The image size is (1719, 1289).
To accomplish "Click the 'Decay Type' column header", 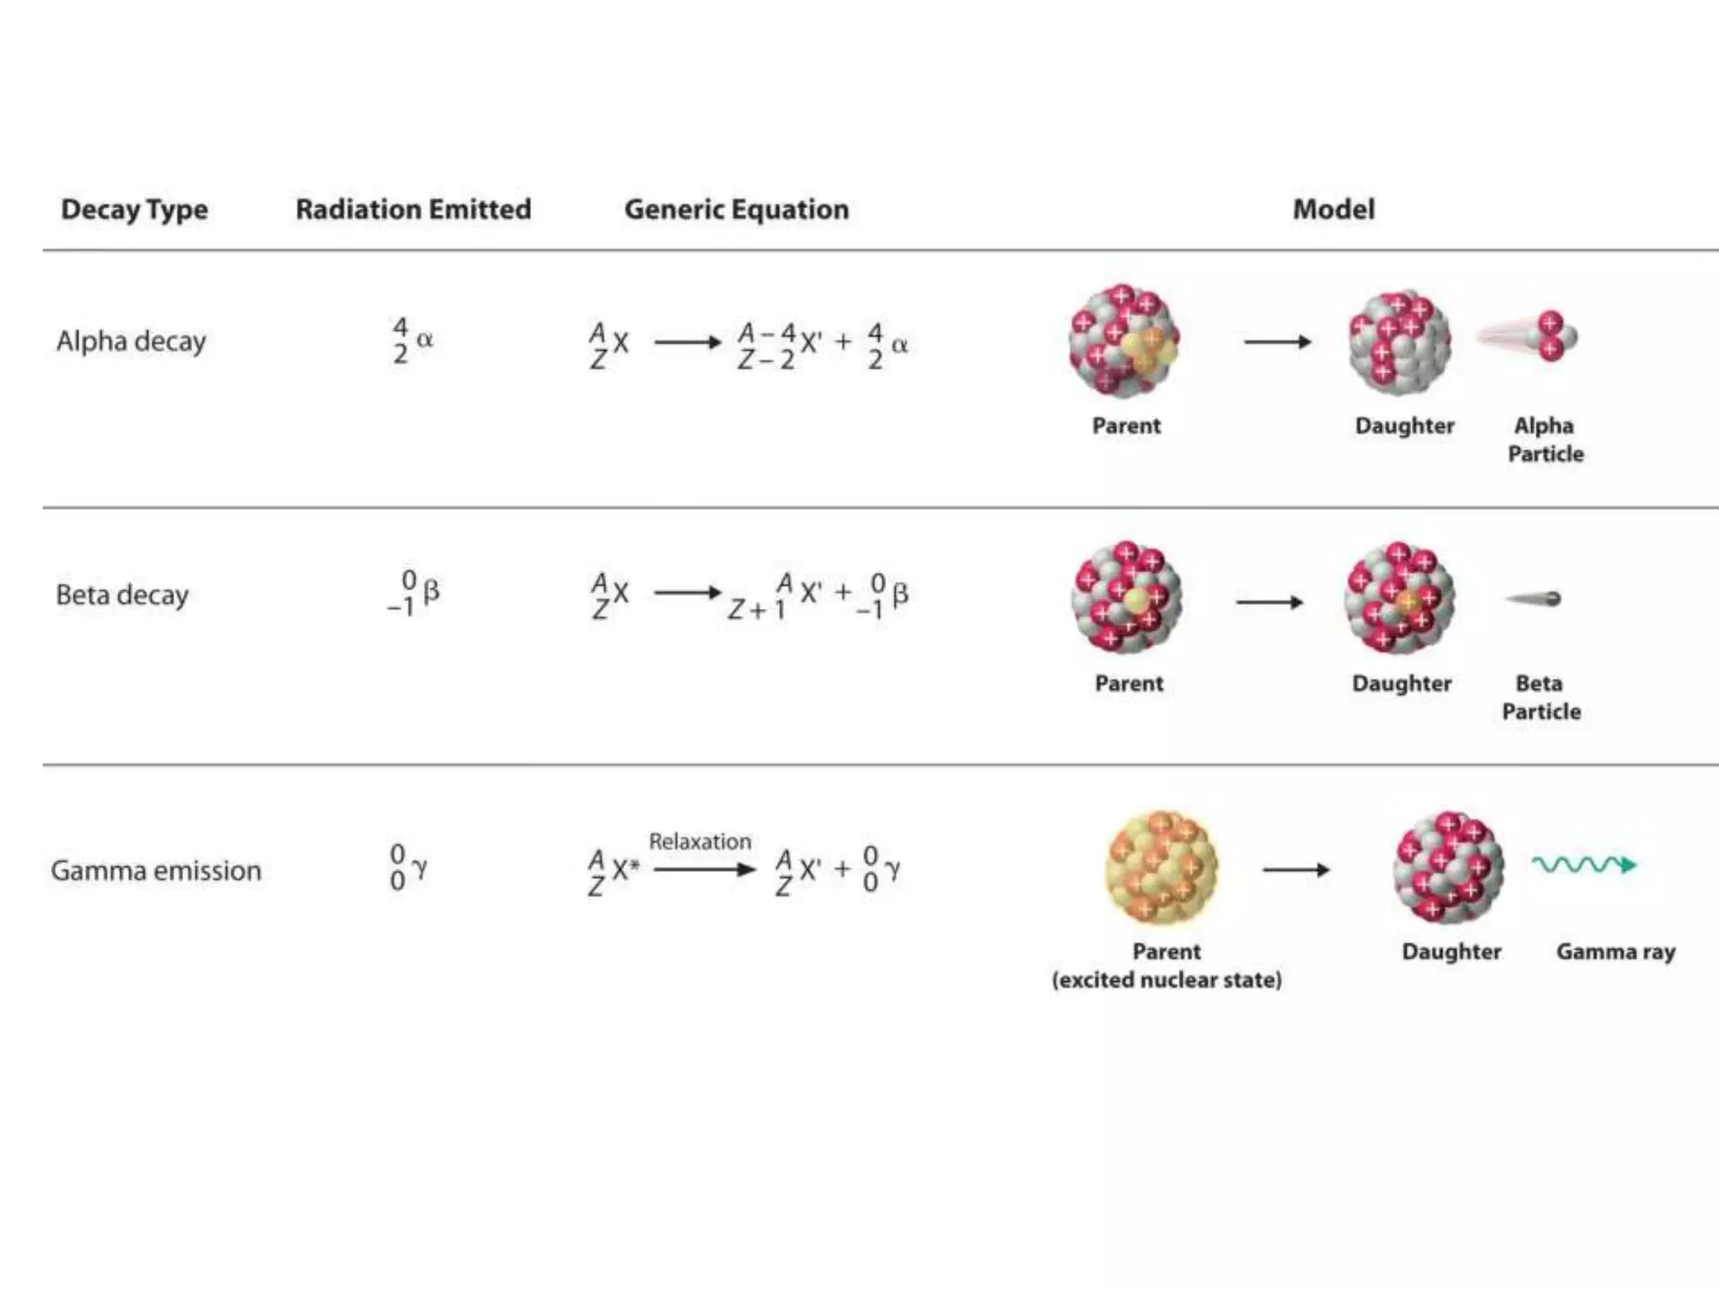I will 134,209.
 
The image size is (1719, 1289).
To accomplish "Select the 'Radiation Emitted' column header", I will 413,209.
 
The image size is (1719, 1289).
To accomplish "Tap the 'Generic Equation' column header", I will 736,209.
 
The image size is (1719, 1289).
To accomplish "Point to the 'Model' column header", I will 1333,209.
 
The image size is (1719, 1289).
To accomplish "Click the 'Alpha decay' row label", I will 131,342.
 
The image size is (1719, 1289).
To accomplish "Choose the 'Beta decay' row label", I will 122,595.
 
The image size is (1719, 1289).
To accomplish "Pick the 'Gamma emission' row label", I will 156,870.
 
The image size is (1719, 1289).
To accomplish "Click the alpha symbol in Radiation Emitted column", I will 425,340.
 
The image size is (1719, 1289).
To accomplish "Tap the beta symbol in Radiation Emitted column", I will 431,592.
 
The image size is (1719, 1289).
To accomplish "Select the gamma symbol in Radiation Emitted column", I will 420,869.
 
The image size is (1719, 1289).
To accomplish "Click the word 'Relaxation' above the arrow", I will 700,842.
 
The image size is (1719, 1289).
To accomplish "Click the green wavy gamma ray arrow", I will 1583,864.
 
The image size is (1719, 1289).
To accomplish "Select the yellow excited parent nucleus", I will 1160,867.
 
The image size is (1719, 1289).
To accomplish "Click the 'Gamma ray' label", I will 1615,952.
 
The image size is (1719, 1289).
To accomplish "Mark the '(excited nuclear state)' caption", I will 1166,980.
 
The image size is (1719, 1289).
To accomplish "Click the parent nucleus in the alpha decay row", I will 1124,342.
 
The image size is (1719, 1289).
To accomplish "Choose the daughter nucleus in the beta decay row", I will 1399,598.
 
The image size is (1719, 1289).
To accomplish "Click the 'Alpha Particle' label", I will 1544,440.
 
